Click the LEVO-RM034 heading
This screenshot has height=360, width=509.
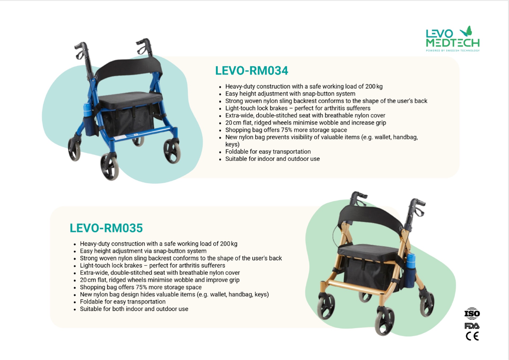pos(251,71)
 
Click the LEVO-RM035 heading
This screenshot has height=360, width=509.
pos(106,228)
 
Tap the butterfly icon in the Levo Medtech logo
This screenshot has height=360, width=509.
pos(467,31)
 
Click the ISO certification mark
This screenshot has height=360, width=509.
pos(472,314)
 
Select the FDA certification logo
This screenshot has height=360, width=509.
pos(472,326)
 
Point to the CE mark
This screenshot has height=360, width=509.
pos(472,336)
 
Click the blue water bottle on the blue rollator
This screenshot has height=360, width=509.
pos(87,110)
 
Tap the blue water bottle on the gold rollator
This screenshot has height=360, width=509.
pos(411,261)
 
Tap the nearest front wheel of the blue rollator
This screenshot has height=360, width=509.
pos(110,166)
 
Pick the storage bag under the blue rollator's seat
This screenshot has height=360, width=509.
pos(128,121)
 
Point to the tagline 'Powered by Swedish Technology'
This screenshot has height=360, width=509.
pos(453,50)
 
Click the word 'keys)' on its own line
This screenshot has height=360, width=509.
pos(232,144)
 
